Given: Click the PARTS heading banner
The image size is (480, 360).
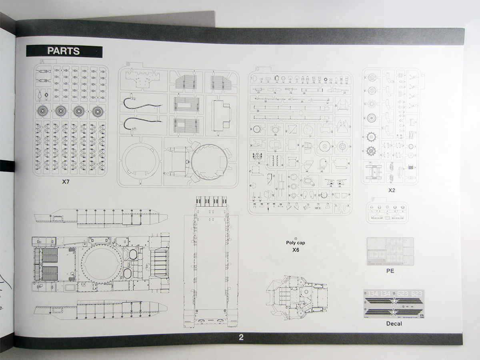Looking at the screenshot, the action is pos(64,51).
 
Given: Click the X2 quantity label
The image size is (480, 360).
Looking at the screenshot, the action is pos(391,190).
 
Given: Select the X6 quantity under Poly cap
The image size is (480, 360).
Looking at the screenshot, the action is pos(296,250).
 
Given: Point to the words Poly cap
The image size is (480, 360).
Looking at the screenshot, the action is pos(296,242).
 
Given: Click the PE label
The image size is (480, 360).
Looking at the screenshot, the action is pos(390,271).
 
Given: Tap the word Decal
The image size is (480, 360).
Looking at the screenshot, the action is pos(394,323).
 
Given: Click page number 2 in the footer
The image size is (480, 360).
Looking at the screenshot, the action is pos(241,337).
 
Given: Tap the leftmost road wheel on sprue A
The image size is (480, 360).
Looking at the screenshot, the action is pos(42,111).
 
